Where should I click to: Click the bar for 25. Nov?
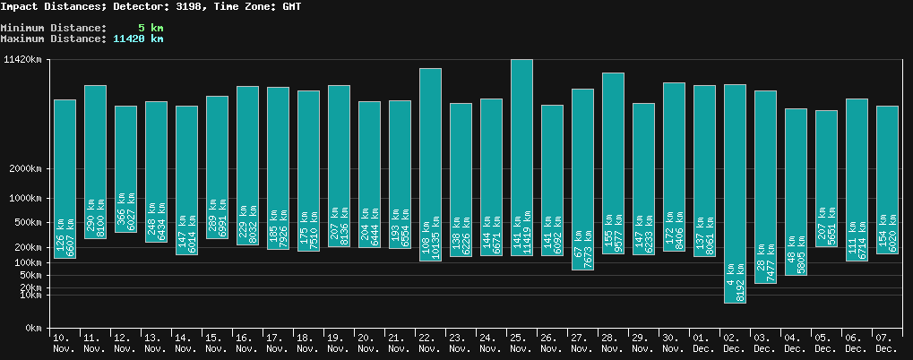tap(521, 158)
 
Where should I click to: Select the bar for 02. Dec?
tap(735, 193)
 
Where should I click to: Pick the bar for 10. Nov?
tap(65, 179)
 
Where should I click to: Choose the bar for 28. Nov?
tap(613, 163)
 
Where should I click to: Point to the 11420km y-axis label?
tap(22, 60)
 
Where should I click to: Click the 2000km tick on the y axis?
tap(25, 169)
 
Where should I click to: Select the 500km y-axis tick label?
tap(28, 222)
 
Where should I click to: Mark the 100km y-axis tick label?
tap(28, 262)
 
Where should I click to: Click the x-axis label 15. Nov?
tap(217, 342)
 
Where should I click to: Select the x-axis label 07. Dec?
tap(886, 342)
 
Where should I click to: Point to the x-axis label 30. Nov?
tap(674, 342)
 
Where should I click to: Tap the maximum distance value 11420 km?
tap(138, 39)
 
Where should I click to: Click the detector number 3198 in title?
tap(184, 6)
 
